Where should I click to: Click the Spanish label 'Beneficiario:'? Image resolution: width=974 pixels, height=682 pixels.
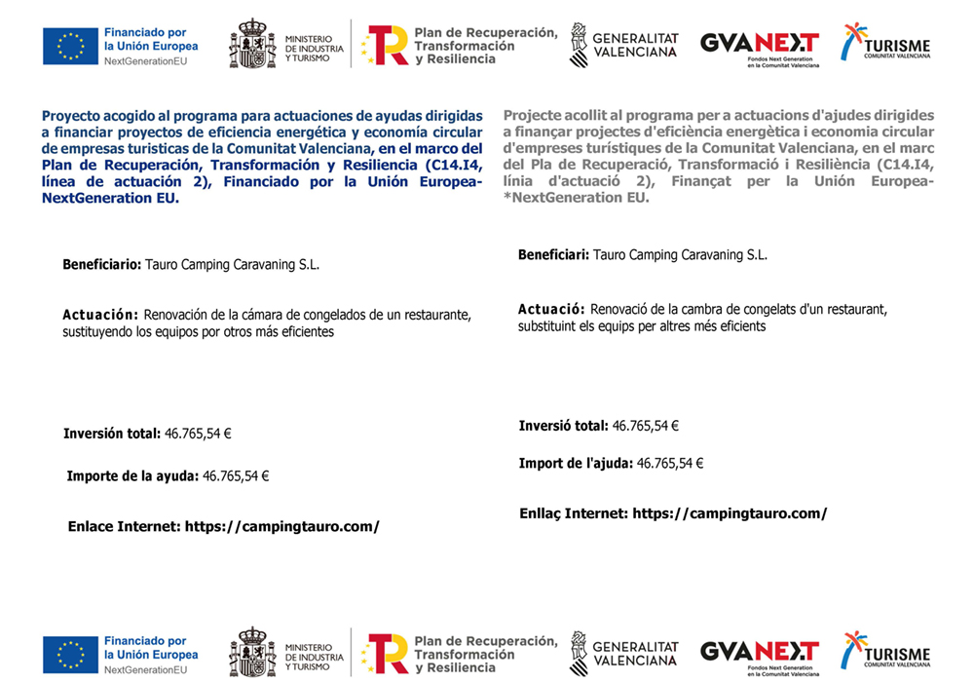pyautogui.click(x=102, y=264)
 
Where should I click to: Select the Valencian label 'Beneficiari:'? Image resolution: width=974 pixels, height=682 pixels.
pyautogui.click(x=552, y=255)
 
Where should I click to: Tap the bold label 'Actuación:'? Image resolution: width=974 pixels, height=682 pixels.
pyautogui.click(x=100, y=315)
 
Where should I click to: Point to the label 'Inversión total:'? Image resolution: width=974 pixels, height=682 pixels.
pyautogui.click(x=112, y=434)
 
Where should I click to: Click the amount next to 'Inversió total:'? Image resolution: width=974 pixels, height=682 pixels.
pyautogui.click(x=645, y=426)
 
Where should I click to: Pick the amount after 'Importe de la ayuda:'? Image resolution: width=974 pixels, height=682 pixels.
pyautogui.click(x=235, y=476)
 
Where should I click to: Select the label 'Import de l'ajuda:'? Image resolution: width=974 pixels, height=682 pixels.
pyautogui.click(x=576, y=464)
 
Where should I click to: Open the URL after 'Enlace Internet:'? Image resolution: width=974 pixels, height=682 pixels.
pyautogui.click(x=281, y=526)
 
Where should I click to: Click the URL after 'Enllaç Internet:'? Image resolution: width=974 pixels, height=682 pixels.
pyautogui.click(x=730, y=513)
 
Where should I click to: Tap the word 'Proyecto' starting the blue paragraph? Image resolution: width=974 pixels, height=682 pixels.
pyautogui.click(x=72, y=115)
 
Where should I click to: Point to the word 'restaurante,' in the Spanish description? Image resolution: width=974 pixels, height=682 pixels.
pyautogui.click(x=435, y=315)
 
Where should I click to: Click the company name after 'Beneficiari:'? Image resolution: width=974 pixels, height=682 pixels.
pyautogui.click(x=680, y=255)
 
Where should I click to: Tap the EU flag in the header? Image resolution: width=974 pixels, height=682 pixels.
pyautogui.click(x=70, y=45)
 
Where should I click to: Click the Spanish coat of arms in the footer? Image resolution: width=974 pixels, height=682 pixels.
pyautogui.click(x=252, y=653)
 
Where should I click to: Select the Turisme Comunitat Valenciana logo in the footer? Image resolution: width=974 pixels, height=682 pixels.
pyautogui.click(x=885, y=650)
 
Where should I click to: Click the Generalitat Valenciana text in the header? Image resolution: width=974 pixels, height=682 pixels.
pyautogui.click(x=635, y=45)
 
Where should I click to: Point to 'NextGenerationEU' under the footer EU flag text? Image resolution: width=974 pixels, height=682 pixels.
pyautogui.click(x=145, y=670)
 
